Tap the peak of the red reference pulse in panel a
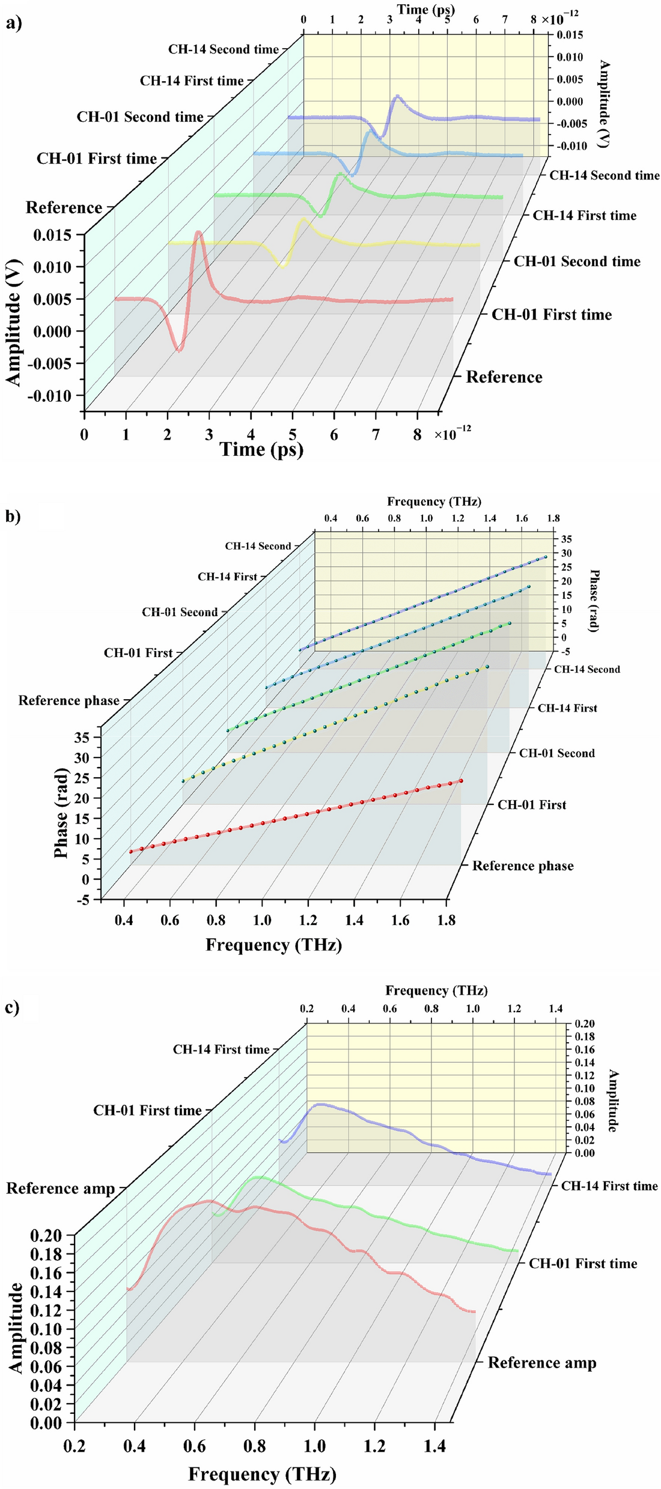coord(198,233)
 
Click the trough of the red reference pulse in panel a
coord(178,350)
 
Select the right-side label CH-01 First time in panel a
coord(551,315)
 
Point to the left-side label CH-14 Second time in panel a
coord(223,49)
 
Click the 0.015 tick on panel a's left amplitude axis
coord(52,235)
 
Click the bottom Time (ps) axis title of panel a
coord(261,449)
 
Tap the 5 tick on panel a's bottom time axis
coord(293,435)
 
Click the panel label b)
coord(13,516)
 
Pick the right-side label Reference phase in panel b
coord(522,866)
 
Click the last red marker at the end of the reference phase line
coord(461,781)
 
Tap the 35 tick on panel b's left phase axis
coord(82,737)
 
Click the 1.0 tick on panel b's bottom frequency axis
coord(262,920)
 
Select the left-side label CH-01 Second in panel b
coord(180,612)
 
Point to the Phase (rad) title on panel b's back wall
coord(594,601)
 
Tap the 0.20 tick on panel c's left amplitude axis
coord(46,1236)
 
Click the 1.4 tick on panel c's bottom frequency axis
coord(434,1446)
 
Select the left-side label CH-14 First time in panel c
coord(221,1049)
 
